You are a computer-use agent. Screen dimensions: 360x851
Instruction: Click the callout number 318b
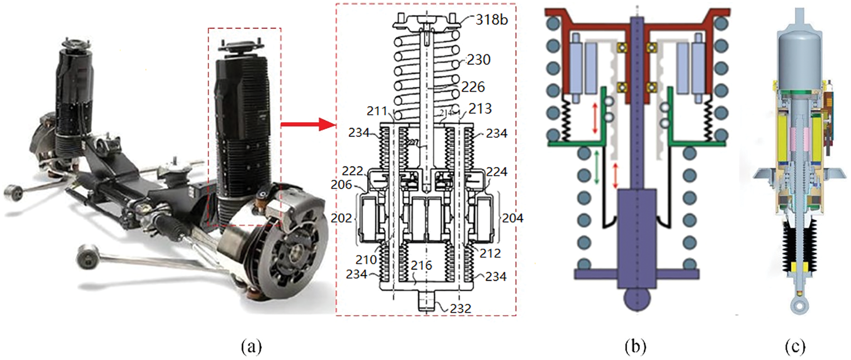coord(491,20)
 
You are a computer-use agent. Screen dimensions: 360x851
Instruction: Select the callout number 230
coord(478,60)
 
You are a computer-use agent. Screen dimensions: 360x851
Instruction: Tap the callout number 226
coord(473,87)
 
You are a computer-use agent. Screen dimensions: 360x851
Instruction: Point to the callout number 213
coord(480,108)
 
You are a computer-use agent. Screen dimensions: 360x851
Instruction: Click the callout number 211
coord(377,111)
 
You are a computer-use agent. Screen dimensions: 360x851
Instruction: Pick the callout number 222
coord(352,171)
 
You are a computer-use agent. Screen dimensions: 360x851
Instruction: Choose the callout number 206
coord(341,185)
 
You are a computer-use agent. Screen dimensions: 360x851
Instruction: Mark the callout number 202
coord(341,218)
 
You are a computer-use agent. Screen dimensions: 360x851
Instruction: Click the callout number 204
coord(512,218)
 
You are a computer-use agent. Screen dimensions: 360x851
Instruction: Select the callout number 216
coord(421,265)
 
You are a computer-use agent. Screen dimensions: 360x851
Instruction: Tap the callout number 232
coord(460,309)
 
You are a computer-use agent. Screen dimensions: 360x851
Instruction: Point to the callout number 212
coord(490,253)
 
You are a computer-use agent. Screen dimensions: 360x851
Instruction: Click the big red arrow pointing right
coord(307,125)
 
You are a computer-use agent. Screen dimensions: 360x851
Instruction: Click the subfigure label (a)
coord(251,347)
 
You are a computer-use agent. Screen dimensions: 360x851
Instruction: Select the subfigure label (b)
coord(635,347)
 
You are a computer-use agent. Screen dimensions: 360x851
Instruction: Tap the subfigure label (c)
coord(795,347)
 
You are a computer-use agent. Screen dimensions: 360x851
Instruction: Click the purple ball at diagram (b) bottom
coord(636,299)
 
